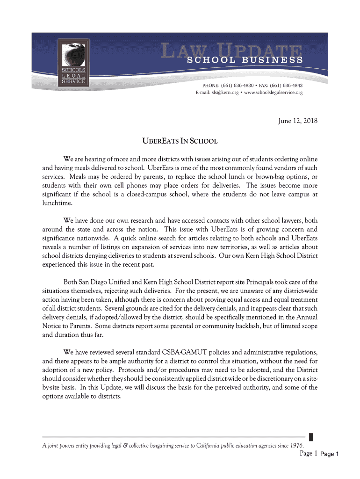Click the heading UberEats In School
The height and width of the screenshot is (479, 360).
pos(180,141)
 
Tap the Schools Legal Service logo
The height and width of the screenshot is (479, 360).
pos(72,62)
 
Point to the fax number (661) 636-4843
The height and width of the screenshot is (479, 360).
pos(287,86)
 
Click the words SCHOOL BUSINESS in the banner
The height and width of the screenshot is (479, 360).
pos(245,60)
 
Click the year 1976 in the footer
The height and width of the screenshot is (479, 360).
pos(295,444)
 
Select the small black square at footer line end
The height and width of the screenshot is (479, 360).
pos(311,438)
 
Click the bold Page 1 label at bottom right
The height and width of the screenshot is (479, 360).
pos(332,454)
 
